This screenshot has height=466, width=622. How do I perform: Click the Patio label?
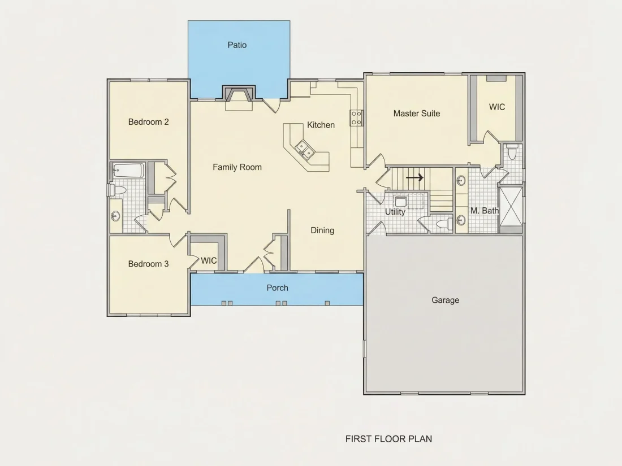coord(237,45)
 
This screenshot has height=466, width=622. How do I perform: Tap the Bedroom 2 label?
coord(148,122)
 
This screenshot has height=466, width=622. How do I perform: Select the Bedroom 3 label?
coord(148,264)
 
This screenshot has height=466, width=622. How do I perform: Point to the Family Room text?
coord(237,167)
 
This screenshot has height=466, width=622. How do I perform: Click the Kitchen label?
coord(321,125)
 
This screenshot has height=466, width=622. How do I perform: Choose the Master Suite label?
coord(417,114)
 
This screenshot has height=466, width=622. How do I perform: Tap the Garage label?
coord(446,300)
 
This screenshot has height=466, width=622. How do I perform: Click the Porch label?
coord(277,288)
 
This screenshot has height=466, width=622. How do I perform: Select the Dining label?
coord(322,230)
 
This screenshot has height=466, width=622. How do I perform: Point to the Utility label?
coord(395,212)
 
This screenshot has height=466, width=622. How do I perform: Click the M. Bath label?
coord(485,211)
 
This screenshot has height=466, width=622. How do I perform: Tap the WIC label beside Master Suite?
coord(497,107)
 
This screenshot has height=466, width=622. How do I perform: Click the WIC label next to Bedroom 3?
coord(209,261)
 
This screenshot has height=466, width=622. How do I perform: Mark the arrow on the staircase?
coord(414,177)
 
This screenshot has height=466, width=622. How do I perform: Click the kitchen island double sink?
coord(305,148)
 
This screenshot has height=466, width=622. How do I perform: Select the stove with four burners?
coord(356,118)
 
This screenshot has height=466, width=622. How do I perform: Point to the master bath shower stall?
coord(510,209)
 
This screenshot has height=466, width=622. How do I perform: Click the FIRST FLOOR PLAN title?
coord(389,439)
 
